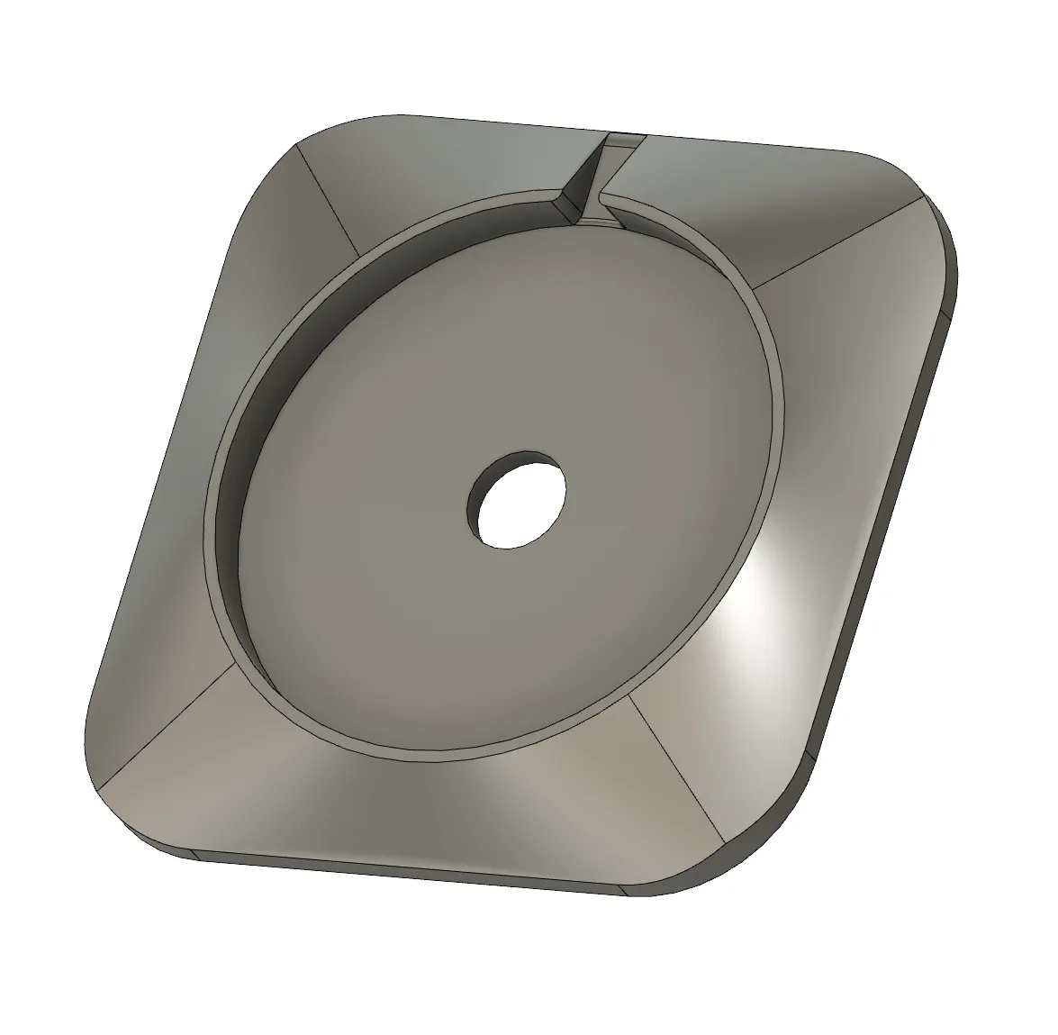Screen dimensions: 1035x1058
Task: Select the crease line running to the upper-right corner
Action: pos(837,241)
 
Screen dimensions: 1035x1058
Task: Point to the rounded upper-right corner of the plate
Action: pos(927,194)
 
